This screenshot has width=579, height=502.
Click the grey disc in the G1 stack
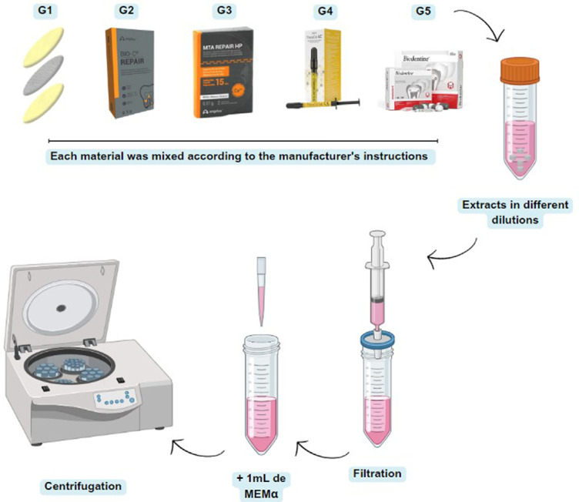50,74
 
